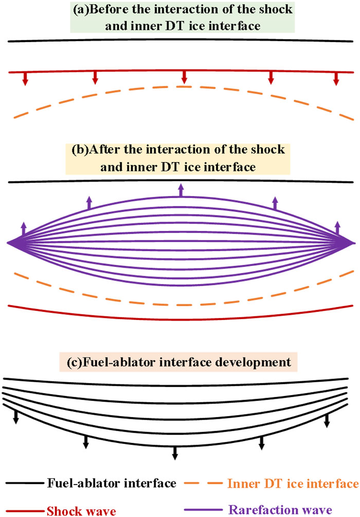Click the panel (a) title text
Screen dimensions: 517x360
(180, 17)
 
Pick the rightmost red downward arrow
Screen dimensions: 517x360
(336, 78)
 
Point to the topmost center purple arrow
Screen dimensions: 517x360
(181, 190)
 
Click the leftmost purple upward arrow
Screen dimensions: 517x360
(23, 228)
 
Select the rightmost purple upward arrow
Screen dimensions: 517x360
(337, 228)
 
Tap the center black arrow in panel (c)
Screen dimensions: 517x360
(175, 452)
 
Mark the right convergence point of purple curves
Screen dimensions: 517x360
(352, 242)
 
